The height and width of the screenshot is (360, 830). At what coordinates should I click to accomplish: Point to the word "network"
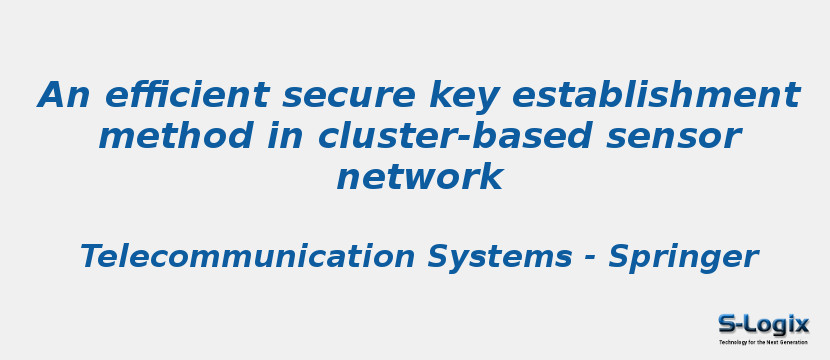(419, 177)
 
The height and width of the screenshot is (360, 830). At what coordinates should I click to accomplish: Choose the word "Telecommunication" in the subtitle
(247, 257)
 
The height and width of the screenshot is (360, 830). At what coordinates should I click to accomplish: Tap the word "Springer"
(683, 257)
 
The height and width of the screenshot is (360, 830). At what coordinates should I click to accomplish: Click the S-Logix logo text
(763, 324)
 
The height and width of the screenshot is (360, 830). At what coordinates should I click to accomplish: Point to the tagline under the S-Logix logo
(763, 342)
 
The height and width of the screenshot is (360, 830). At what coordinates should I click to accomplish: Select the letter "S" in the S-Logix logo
(727, 324)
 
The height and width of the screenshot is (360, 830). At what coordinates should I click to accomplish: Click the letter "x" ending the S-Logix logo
(801, 324)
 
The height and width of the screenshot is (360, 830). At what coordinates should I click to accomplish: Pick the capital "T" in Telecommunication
(89, 257)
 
